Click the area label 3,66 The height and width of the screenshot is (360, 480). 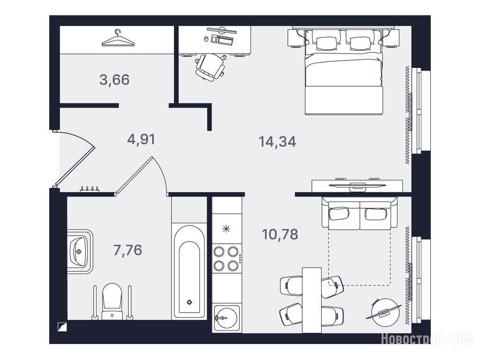114,80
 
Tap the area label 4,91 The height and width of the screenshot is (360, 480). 141,139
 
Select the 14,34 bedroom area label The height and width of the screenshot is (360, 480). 277,142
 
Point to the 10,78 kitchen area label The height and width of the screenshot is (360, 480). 280,234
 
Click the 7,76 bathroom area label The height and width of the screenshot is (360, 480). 127,250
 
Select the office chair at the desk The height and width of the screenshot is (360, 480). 210,67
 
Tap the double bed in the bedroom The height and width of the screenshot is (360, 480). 344,72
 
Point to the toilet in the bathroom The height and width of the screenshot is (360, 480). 112,301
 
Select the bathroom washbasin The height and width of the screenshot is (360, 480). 80,251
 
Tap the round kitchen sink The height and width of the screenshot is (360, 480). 227,318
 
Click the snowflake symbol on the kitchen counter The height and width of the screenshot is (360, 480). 226,229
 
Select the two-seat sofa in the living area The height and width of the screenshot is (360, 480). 360,213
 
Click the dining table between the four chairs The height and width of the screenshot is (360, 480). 312,300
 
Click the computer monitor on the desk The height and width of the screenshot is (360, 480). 222,30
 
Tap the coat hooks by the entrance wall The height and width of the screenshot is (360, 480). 90,189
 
